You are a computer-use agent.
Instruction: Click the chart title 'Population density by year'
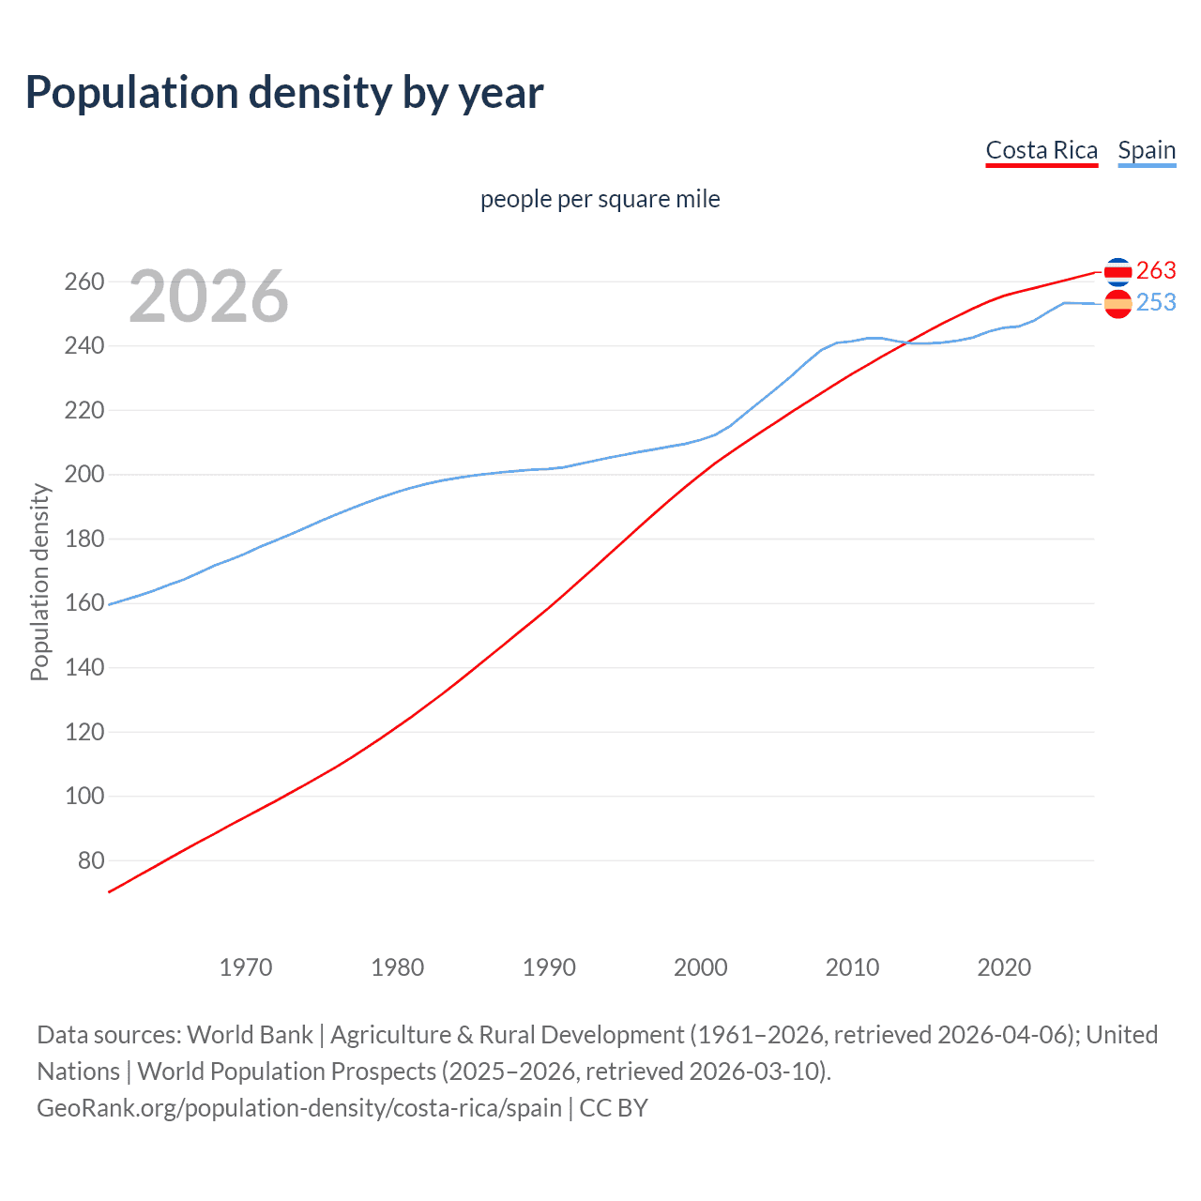pyautogui.click(x=284, y=93)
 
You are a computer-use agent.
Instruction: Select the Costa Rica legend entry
pyautogui.click(x=1041, y=151)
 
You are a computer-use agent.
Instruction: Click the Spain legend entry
pyautogui.click(x=1147, y=151)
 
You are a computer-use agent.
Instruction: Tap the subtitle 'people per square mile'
pyautogui.click(x=600, y=199)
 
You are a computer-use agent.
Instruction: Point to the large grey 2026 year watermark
pyautogui.click(x=208, y=296)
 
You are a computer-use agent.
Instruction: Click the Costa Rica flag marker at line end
pyautogui.click(x=1117, y=271)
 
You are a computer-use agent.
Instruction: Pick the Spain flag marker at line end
pyautogui.click(x=1117, y=304)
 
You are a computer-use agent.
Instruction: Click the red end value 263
pyautogui.click(x=1156, y=270)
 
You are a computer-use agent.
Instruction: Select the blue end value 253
pyautogui.click(x=1156, y=302)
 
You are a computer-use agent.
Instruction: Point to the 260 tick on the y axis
pyautogui.click(x=84, y=281)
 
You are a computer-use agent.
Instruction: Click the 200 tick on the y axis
pyautogui.click(x=84, y=475)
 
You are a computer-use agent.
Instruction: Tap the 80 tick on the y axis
pyautogui.click(x=90, y=860)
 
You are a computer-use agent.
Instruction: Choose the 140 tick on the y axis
pyautogui.click(x=84, y=668)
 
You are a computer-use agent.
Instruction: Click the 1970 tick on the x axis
pyautogui.click(x=246, y=966)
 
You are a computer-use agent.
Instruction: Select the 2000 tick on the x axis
pyautogui.click(x=701, y=966)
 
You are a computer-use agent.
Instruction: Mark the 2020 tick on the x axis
pyautogui.click(x=1004, y=966)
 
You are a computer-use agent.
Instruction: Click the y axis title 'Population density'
pyautogui.click(x=39, y=582)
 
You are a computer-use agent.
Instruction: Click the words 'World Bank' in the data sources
pyautogui.click(x=250, y=1034)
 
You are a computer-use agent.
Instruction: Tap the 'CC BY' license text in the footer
pyautogui.click(x=614, y=1107)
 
